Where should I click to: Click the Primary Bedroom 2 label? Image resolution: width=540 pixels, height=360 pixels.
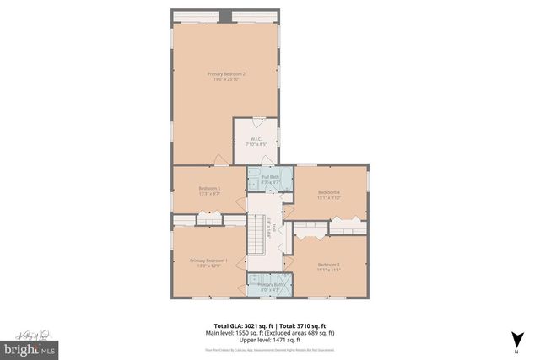click(x=227, y=74)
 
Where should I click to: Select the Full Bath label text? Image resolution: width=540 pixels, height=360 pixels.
click(x=269, y=176)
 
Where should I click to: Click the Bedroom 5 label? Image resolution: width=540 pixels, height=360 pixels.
click(x=209, y=188)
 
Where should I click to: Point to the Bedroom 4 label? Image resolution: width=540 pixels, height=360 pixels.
click(x=329, y=193)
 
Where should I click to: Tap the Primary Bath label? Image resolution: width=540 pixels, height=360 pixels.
click(x=270, y=285)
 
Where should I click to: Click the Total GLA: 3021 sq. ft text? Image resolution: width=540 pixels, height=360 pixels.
click(x=236, y=325)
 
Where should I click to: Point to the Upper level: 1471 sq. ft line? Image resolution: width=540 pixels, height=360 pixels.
click(x=270, y=338)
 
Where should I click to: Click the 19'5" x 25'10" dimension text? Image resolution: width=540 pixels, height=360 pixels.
click(x=227, y=80)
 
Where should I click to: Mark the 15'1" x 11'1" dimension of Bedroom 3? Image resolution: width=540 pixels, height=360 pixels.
click(x=329, y=271)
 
